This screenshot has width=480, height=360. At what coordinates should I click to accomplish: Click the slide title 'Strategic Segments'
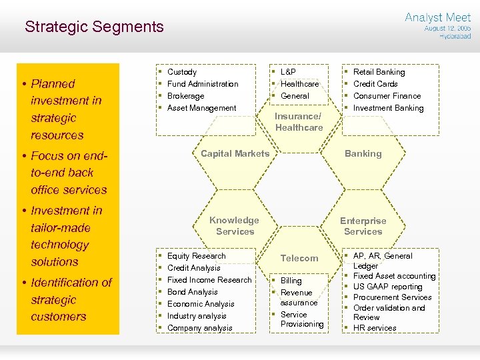[94, 27]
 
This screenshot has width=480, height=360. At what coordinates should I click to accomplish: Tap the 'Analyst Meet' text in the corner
[437, 17]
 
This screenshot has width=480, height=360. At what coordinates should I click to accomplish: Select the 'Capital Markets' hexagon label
[235, 153]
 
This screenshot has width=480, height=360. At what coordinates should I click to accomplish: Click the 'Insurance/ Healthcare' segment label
[299, 122]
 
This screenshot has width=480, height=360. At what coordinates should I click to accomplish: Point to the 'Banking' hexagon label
[363, 153]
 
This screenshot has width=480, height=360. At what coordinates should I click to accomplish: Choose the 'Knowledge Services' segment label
[235, 226]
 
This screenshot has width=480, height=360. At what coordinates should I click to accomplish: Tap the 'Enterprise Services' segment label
[363, 226]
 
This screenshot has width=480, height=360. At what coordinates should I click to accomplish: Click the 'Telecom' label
[299, 258]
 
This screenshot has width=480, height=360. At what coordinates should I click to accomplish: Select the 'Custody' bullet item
[182, 72]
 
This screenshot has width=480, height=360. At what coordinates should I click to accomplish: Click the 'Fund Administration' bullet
[203, 84]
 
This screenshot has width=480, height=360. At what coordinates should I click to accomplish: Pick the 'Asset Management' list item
[201, 108]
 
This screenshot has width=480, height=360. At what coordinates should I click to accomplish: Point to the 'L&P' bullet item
[288, 72]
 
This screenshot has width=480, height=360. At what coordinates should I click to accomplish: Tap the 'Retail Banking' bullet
[379, 72]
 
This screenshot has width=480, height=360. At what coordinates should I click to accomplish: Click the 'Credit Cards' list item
[375, 84]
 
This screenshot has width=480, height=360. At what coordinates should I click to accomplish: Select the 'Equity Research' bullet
[197, 256]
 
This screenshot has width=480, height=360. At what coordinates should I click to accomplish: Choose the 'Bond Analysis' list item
[193, 292]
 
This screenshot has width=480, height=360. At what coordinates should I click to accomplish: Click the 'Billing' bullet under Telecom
[291, 281]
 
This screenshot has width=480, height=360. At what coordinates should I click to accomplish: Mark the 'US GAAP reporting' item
[387, 287]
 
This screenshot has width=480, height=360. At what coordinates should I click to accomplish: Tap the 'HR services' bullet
[375, 328]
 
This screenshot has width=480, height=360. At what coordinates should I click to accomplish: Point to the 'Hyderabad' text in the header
[455, 37]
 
